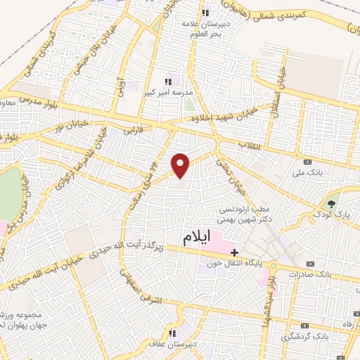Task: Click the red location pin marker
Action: [181, 165]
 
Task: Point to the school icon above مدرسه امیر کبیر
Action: [167, 82]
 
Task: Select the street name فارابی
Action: [133, 130]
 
